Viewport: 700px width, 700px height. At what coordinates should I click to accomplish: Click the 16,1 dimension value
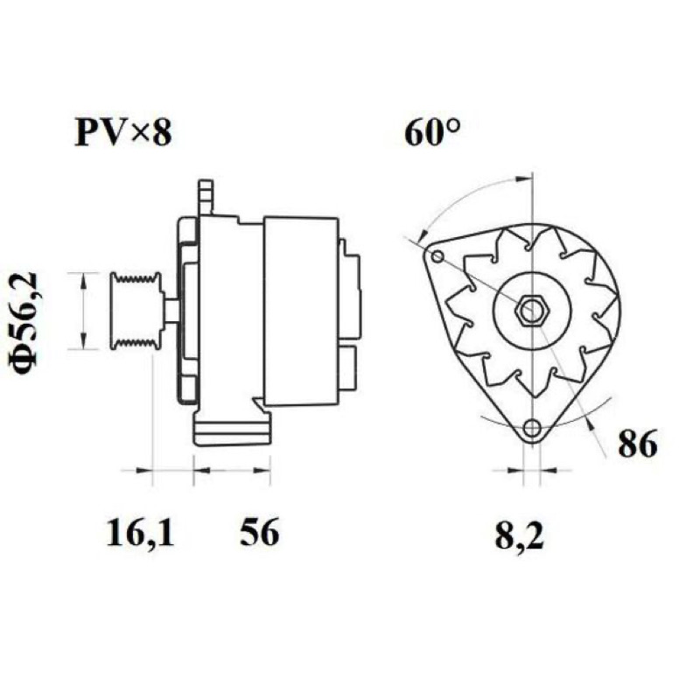tap(140, 533)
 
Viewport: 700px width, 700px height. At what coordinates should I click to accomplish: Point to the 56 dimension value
tap(259, 532)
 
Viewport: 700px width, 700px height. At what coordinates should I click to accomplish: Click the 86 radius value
tap(638, 444)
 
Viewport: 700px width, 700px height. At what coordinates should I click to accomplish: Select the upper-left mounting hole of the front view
tap(438, 256)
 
